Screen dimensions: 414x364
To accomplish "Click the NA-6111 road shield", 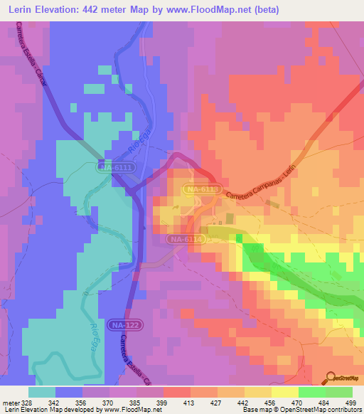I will click(x=115, y=166).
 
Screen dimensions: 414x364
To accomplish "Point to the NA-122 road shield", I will click(x=125, y=325).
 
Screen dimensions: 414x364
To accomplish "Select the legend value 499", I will click(x=350, y=403).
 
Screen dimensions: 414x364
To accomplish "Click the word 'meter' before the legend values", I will click(x=10, y=403).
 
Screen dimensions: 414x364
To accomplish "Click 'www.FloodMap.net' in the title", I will click(x=211, y=10).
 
